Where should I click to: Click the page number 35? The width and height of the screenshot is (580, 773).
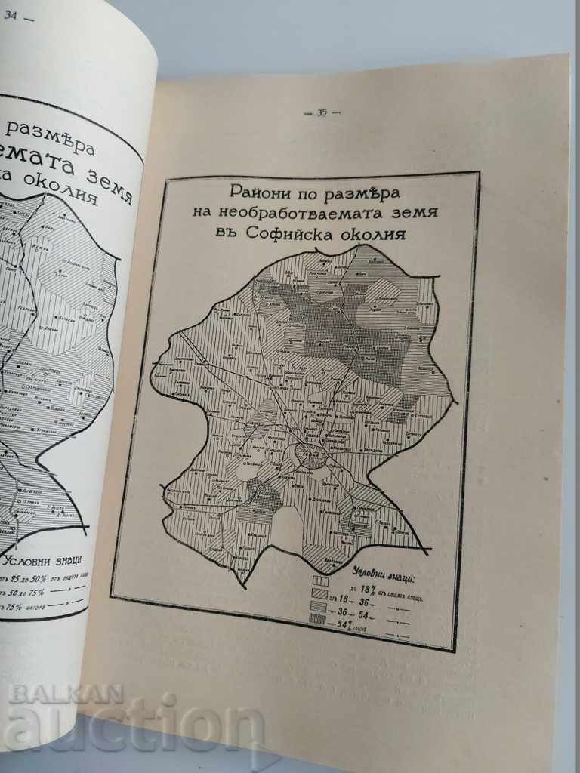tap(322, 113)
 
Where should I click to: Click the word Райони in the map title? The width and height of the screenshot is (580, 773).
tap(258, 189)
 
